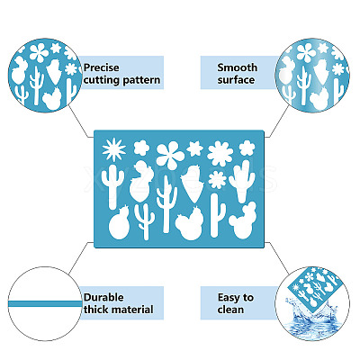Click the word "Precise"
pos(102,67)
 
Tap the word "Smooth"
pos(238,67)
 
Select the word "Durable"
pos(103,297)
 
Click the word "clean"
pos(230,310)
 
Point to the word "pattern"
pos(141,80)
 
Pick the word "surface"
pos(236,80)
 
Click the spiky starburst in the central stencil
pos(113,149)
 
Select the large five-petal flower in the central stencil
pos(170,155)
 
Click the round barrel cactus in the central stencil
pos(119,222)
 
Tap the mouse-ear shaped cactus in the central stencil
pos(243,220)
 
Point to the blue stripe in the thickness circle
pos(45,303)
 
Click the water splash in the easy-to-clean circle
pos(312,318)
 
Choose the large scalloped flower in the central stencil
pos(220,154)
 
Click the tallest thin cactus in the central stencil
pos(166,204)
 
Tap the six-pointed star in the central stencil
pos(194,148)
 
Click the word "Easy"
pos(229,298)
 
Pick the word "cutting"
pos(102,80)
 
